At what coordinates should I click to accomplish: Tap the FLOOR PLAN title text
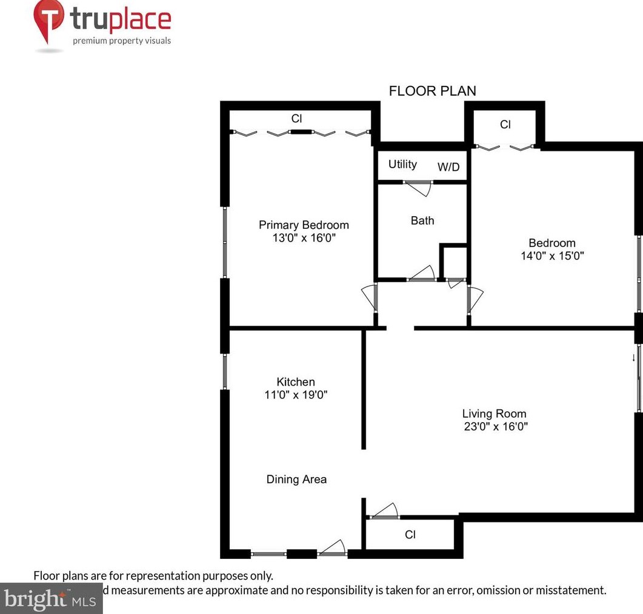(x=432, y=91)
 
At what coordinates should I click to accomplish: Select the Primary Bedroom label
(x=304, y=225)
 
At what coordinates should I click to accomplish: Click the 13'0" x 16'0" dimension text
(x=304, y=238)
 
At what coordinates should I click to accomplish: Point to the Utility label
(x=402, y=164)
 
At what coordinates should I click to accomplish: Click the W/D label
(x=448, y=167)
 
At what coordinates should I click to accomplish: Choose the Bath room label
(x=422, y=220)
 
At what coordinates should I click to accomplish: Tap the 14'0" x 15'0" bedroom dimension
(x=551, y=256)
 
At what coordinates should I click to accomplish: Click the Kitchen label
(x=296, y=381)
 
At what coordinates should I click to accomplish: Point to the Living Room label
(x=494, y=414)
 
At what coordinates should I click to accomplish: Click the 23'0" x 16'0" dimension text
(x=494, y=426)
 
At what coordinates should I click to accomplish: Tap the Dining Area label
(x=296, y=479)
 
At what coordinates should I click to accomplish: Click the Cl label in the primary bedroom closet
(x=296, y=119)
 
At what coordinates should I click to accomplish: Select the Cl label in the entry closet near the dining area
(x=410, y=535)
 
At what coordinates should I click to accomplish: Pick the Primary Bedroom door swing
(x=368, y=298)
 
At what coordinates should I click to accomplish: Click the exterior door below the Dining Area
(x=332, y=548)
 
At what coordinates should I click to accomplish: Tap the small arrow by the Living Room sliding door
(x=633, y=357)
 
